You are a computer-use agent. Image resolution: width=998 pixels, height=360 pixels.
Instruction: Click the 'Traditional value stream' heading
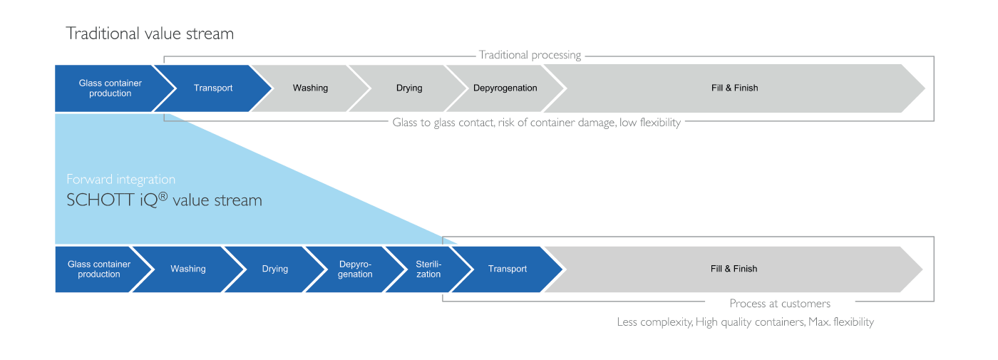tap(150, 34)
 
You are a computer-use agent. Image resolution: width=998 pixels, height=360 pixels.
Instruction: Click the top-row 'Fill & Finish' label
tap(735, 88)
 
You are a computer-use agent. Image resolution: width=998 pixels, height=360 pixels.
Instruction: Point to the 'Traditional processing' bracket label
tap(530, 55)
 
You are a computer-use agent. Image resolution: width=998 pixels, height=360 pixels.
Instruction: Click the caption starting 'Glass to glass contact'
tap(536, 123)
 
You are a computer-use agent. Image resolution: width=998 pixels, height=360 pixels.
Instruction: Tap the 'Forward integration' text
tap(120, 179)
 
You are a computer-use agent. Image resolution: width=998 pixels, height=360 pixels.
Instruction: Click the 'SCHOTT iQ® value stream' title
tap(164, 200)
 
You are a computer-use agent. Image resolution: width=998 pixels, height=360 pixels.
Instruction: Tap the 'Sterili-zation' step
tap(428, 269)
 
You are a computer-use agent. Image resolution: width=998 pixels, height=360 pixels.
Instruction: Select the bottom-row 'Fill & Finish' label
tap(734, 269)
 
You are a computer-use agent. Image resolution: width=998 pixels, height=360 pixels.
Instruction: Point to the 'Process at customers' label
tap(780, 304)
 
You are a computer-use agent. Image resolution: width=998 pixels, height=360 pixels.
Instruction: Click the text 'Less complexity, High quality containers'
tap(711, 322)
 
